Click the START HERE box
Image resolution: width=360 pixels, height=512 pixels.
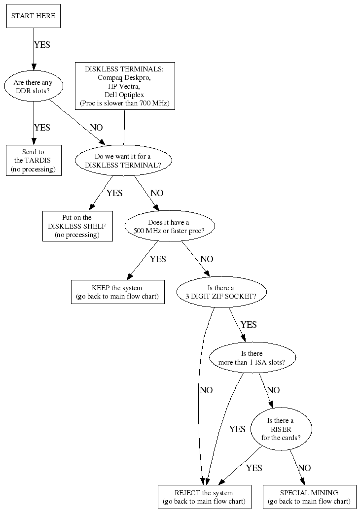click(x=34, y=16)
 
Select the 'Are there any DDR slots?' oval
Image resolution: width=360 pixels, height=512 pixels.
click(x=34, y=87)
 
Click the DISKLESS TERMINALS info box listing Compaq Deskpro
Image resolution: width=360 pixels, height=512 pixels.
click(x=124, y=86)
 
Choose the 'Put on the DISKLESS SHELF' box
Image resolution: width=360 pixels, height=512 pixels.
click(x=77, y=226)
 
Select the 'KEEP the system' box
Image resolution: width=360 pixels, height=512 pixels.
click(x=117, y=292)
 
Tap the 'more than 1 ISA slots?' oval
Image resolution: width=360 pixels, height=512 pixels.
click(x=252, y=358)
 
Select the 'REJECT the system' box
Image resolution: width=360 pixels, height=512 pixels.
click(x=204, y=497)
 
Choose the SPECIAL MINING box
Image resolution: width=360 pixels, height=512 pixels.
click(x=309, y=497)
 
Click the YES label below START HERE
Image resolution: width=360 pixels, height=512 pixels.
click(x=42, y=44)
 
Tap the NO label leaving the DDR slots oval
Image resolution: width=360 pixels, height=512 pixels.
click(x=96, y=128)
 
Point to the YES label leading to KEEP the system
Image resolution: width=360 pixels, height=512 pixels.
click(x=158, y=259)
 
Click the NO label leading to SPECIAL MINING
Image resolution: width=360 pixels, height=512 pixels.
click(x=304, y=468)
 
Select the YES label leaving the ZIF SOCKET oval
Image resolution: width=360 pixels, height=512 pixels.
click(x=249, y=325)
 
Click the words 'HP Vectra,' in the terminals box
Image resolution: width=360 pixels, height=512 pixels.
click(x=124, y=86)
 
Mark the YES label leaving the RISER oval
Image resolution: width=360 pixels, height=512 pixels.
click(x=254, y=468)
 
